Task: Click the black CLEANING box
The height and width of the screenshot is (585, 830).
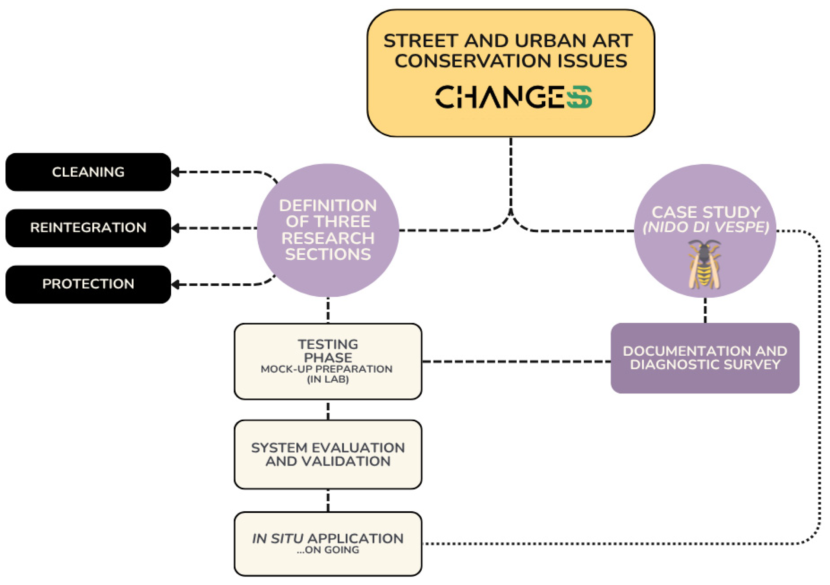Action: pyautogui.click(x=88, y=172)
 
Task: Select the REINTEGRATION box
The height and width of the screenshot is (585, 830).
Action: pyautogui.click(x=88, y=228)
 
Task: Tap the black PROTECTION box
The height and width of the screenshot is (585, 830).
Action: pyautogui.click(x=88, y=284)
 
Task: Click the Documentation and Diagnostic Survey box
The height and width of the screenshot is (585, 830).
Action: pyautogui.click(x=705, y=358)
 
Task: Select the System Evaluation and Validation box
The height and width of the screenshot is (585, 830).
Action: pyautogui.click(x=328, y=454)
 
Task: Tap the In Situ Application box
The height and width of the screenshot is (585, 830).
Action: pyautogui.click(x=328, y=543)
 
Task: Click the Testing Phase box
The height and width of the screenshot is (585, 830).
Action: pyautogui.click(x=328, y=361)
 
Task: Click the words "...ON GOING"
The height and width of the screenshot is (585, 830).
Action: pyautogui.click(x=328, y=550)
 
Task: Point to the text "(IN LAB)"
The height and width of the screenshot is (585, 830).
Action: pyautogui.click(x=328, y=379)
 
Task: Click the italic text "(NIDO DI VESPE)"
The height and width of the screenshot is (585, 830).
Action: pyautogui.click(x=706, y=227)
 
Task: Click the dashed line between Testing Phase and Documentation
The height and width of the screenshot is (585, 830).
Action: pyautogui.click(x=516, y=361)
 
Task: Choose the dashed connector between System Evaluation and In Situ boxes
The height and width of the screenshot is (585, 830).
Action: pyautogui.click(x=328, y=500)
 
